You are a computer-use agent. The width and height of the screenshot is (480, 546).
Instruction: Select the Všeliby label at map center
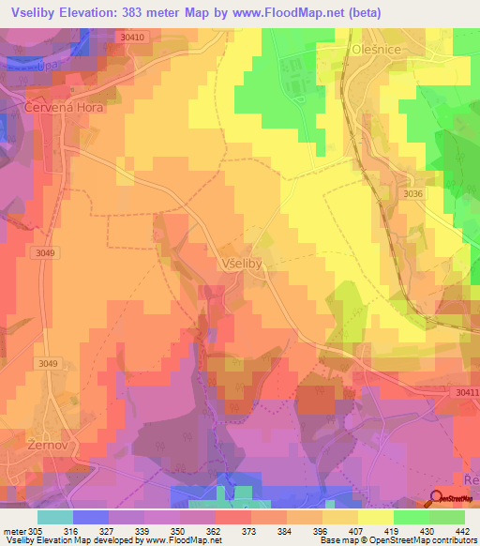[x=247, y=264]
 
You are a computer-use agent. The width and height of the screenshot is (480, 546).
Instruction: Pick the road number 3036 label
[x=414, y=194]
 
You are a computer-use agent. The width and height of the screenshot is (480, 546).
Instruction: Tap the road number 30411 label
[x=463, y=392]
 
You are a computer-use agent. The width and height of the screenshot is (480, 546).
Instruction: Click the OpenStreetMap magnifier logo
[x=438, y=497]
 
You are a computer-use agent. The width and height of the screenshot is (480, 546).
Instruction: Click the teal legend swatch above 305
[x=55, y=517]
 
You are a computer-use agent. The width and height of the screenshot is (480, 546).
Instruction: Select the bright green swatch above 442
[x=447, y=517]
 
